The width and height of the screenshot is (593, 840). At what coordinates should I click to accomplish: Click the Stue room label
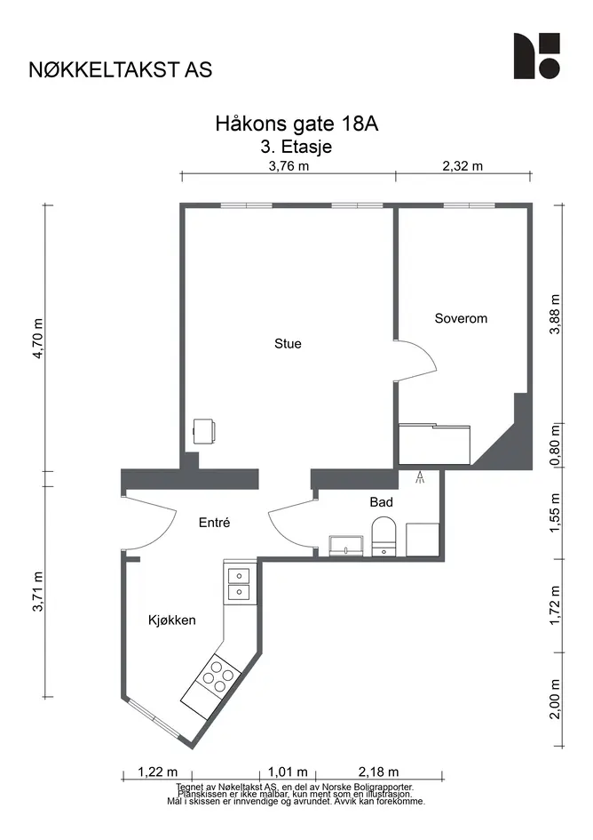point(288,343)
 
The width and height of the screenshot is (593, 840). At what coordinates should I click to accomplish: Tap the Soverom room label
point(461,318)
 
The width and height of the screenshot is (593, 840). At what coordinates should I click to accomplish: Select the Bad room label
point(381,502)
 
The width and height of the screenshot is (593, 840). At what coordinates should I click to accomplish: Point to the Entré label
point(214,523)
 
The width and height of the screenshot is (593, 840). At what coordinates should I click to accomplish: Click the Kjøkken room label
point(172,620)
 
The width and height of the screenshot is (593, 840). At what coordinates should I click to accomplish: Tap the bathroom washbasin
point(346,546)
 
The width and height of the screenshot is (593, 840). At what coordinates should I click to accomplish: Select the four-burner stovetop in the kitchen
point(217,676)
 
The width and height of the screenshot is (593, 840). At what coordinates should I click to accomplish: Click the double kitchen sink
point(239,584)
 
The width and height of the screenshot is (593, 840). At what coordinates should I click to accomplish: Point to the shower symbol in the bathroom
point(420,476)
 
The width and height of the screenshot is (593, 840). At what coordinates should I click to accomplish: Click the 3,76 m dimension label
point(289,165)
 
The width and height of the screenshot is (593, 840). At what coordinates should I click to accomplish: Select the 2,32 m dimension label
point(463,165)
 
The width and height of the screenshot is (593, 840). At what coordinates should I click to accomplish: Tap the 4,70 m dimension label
point(37,339)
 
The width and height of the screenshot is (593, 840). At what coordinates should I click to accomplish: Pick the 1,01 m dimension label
point(288,772)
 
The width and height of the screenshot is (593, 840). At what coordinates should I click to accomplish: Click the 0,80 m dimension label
point(556,445)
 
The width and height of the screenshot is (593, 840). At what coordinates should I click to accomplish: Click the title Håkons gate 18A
point(296,124)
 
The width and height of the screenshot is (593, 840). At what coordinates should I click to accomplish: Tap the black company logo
point(537,56)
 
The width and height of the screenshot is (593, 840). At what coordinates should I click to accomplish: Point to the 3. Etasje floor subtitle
point(296,147)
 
